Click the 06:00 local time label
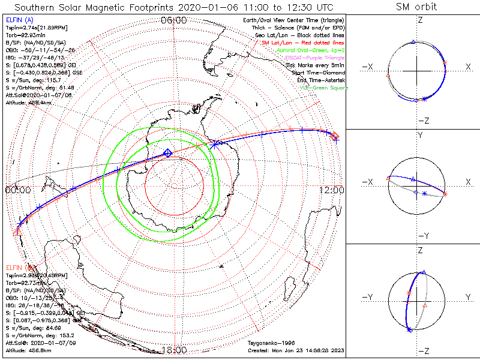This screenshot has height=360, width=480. coord(174,20)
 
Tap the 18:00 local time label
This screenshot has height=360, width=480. coord(174,350)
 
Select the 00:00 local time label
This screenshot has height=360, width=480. coord(17,190)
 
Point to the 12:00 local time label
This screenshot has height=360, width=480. coord(332,190)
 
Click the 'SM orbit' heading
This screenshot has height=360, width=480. coord(416,7)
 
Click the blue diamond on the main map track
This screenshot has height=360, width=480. coord(168,153)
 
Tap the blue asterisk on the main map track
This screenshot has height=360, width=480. coord(214,145)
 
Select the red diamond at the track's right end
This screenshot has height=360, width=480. coord(335,137)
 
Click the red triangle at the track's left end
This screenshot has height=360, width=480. coord(16,231)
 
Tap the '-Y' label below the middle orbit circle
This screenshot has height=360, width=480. coord(422,235)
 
